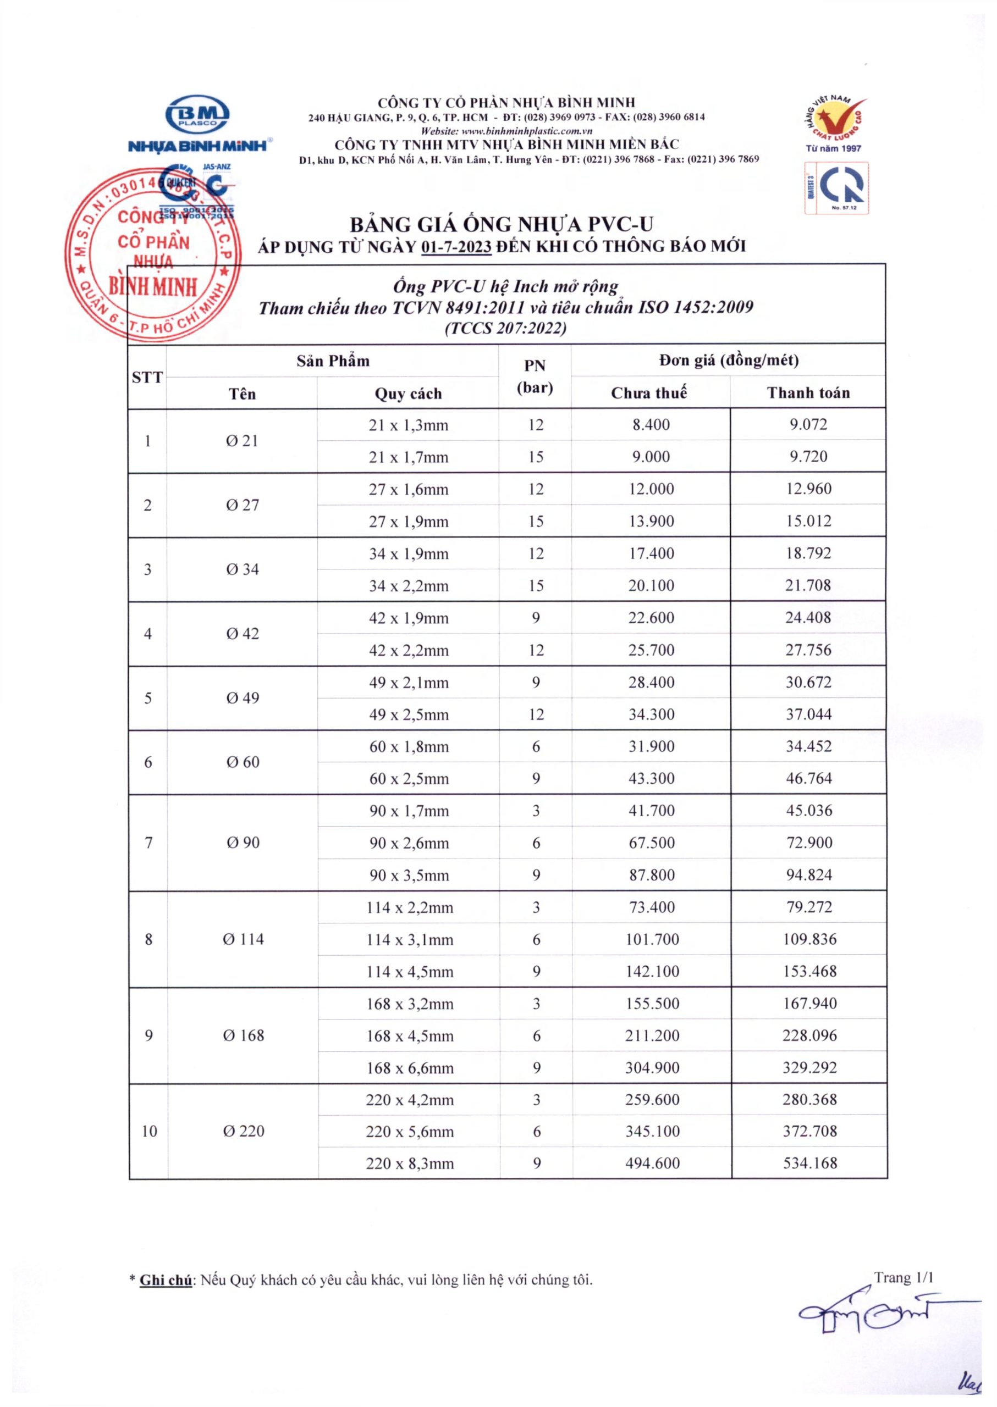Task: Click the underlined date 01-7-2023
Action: (x=457, y=247)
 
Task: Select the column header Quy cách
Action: (x=408, y=394)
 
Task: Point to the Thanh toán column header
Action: (x=808, y=393)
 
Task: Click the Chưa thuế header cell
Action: (x=649, y=393)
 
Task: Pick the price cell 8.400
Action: (x=651, y=425)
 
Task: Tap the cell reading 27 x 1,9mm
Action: (x=408, y=522)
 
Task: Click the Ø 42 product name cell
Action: (x=243, y=633)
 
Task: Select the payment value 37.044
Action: (x=808, y=714)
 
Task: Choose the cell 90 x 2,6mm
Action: (x=409, y=843)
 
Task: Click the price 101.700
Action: (x=652, y=939)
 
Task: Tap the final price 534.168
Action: (x=810, y=1163)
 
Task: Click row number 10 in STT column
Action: (x=149, y=1131)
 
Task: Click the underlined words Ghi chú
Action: (x=166, y=1280)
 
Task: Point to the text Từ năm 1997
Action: (x=833, y=148)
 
